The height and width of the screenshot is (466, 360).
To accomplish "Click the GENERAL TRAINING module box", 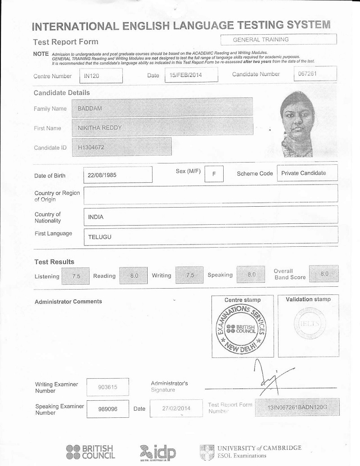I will point(279,40).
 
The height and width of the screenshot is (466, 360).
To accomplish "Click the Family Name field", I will point(162,108).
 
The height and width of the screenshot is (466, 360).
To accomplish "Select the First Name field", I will point(162,127).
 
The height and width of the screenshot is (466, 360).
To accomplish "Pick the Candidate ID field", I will point(122,147).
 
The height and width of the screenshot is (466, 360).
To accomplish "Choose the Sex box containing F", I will point(214,174).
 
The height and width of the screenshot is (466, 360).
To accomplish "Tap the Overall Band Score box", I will point(324,274).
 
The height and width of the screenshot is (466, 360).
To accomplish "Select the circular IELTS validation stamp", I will point(308,324).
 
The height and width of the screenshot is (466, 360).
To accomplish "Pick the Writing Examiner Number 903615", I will point(108,387).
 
